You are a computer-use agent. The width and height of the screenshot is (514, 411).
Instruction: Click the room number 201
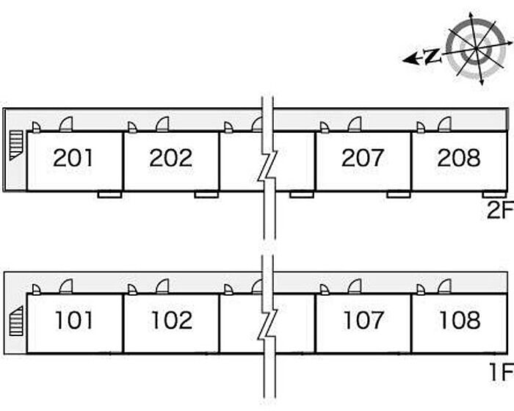73,158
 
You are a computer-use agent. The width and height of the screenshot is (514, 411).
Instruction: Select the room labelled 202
171,158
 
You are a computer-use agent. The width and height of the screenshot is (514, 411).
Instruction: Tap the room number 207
362,158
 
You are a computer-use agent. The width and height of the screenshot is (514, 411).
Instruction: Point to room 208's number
459,158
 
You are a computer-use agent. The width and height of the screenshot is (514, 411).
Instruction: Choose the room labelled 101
74,320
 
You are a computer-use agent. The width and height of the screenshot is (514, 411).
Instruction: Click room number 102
172,320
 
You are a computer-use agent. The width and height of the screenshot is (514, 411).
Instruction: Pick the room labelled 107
363,320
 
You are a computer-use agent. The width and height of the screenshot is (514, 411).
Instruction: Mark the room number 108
460,320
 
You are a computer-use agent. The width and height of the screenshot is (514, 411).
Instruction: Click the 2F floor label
500,210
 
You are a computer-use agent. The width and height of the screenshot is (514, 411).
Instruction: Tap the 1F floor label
502,372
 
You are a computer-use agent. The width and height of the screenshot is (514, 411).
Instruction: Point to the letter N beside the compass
432,57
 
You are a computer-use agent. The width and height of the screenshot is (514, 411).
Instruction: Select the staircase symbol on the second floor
16,145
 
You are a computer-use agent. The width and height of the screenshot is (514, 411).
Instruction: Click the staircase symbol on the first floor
16,321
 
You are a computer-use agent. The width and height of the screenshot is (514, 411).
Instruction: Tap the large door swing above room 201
66,125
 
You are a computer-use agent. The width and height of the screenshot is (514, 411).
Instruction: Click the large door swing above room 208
444,125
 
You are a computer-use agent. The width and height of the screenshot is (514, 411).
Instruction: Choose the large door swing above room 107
355,286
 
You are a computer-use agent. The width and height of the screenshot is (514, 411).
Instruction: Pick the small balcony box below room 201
110,194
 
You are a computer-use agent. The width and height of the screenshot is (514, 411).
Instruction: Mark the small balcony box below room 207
399,194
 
